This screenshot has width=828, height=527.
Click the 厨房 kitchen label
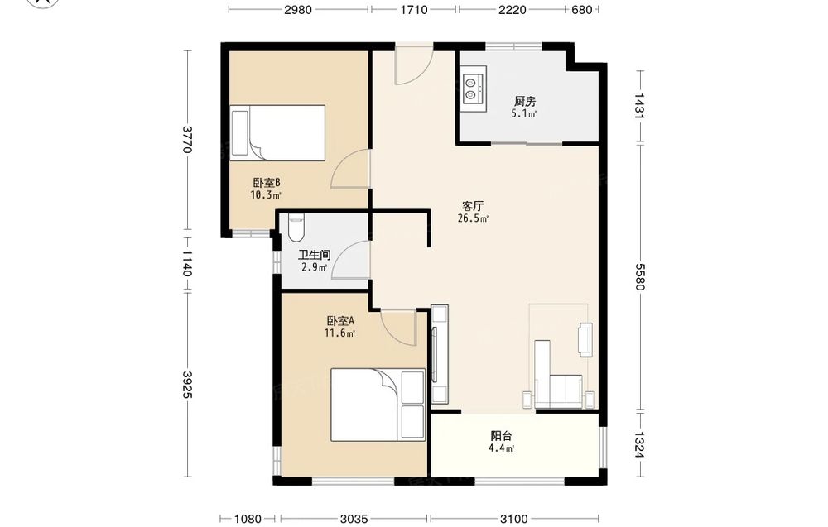click(525, 101)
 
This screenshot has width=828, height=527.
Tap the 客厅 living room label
click(473, 206)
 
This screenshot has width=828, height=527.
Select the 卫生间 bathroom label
click(314, 256)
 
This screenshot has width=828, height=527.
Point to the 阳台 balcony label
click(501, 436)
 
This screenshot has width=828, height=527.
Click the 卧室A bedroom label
click(339, 321)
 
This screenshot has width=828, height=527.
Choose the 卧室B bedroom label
click(266, 183)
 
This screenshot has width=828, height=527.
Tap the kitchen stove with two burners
click(473, 88)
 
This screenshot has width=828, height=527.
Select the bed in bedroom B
click(277, 133)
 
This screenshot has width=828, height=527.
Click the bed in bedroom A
click(378, 405)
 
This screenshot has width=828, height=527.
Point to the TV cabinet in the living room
click(440, 354)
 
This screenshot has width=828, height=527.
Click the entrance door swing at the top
click(415, 65)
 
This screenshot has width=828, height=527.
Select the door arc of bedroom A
click(397, 328)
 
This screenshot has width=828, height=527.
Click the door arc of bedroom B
click(349, 169)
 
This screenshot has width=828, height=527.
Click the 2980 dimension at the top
click(298, 9)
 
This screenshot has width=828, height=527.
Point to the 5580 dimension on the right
click(639, 277)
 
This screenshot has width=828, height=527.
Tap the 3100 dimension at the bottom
click(514, 519)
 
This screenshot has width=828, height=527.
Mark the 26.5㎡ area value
click(473, 218)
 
